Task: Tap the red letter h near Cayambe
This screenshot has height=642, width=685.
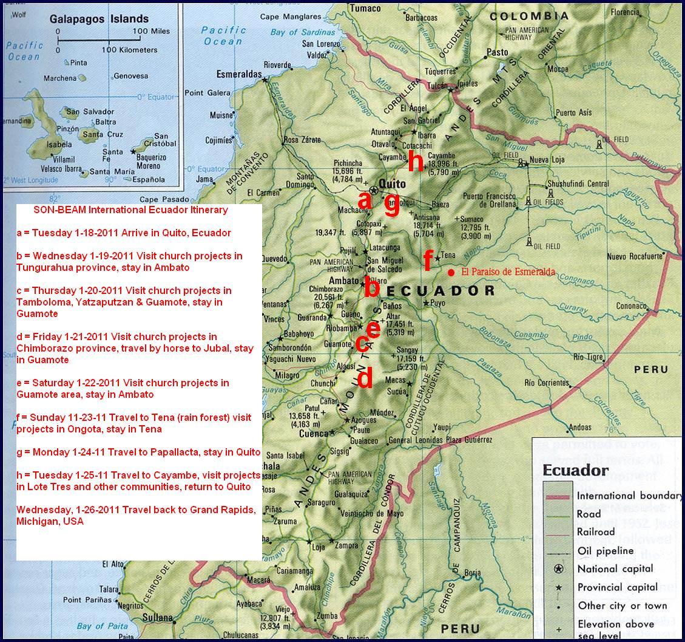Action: (416, 162)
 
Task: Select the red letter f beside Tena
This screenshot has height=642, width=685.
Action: (428, 260)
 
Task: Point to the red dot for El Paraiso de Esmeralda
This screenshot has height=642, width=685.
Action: (451, 273)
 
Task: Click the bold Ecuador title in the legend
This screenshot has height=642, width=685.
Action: (575, 470)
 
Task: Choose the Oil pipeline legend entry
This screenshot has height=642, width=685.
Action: (605, 550)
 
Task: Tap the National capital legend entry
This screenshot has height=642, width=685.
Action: (615, 569)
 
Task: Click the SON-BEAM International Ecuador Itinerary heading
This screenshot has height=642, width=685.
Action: (130, 210)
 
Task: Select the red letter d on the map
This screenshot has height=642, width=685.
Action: (365, 378)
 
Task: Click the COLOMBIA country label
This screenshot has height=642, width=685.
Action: (529, 16)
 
